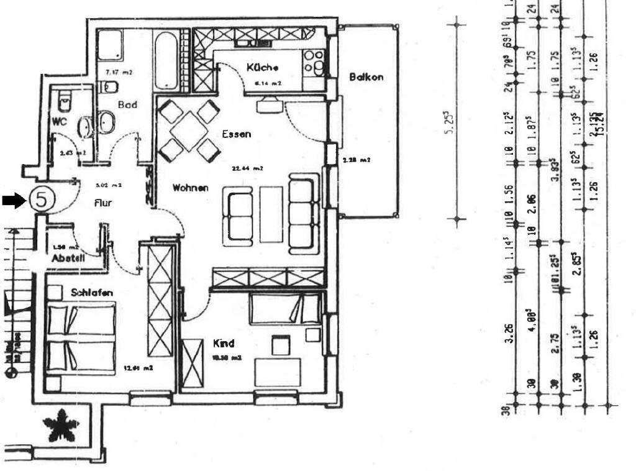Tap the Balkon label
(x=366, y=77)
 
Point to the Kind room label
(x=224, y=343)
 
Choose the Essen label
(x=236, y=134)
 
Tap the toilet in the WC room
(x=64, y=99)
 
